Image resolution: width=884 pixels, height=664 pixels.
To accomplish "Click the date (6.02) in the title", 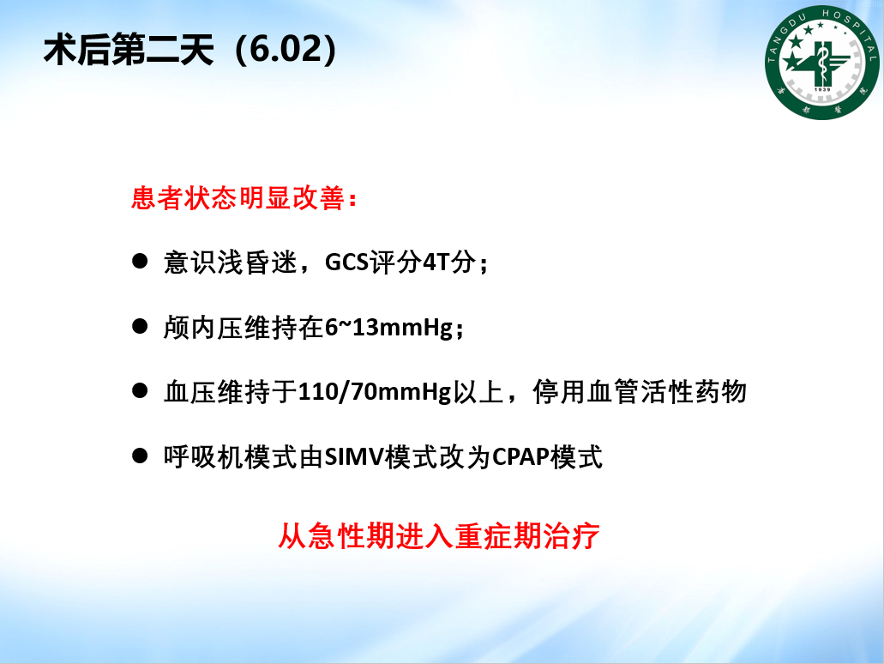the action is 286,49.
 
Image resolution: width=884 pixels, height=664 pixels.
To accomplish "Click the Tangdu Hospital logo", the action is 821,62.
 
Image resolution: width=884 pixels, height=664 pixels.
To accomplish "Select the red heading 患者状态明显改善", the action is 238,198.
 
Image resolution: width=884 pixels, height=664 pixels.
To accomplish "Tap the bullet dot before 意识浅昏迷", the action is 140,261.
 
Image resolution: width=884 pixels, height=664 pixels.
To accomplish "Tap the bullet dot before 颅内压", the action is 140,326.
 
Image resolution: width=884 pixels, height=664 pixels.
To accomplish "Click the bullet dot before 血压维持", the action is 140,390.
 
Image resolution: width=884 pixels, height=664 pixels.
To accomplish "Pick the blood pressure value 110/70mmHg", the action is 375,392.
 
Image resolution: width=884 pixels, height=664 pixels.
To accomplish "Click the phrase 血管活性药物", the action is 668,391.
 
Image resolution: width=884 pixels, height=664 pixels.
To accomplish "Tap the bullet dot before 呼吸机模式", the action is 140,456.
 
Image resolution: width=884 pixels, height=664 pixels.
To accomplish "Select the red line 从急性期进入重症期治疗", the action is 439,536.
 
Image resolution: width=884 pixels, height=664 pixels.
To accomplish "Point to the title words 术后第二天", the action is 129,50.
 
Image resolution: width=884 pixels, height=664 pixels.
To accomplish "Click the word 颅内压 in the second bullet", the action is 203,327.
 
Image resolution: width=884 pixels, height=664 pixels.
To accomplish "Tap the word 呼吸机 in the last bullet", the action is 203,457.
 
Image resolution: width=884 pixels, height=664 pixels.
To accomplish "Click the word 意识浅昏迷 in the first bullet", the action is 230,263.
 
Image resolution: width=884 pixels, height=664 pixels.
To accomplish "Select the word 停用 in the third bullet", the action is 559,391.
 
